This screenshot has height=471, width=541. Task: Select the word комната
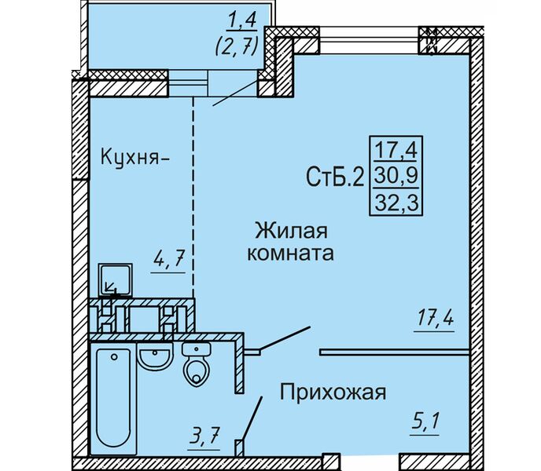coord(290,254)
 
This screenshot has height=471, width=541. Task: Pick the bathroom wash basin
coord(154,358)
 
